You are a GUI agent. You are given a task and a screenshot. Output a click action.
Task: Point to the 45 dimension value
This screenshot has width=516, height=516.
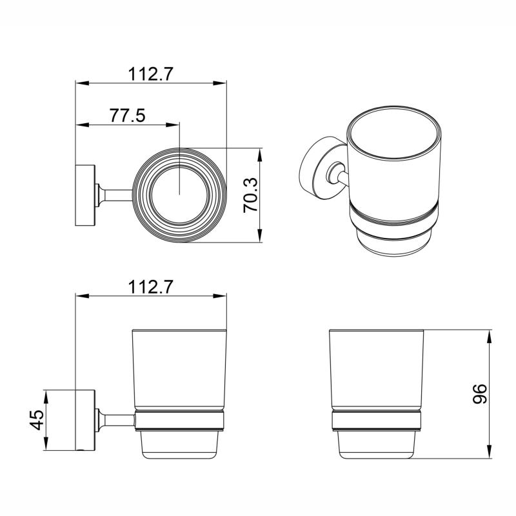pos(37,420)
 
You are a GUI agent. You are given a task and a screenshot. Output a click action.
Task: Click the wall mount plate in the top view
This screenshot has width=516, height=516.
pos(86,195)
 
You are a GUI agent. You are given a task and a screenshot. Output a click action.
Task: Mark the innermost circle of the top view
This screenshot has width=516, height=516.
pos(179,195)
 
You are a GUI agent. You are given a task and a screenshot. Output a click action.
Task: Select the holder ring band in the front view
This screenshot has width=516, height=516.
pos(376,421)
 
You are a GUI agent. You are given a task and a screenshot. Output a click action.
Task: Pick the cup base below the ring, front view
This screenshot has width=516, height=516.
pos(376,445)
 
